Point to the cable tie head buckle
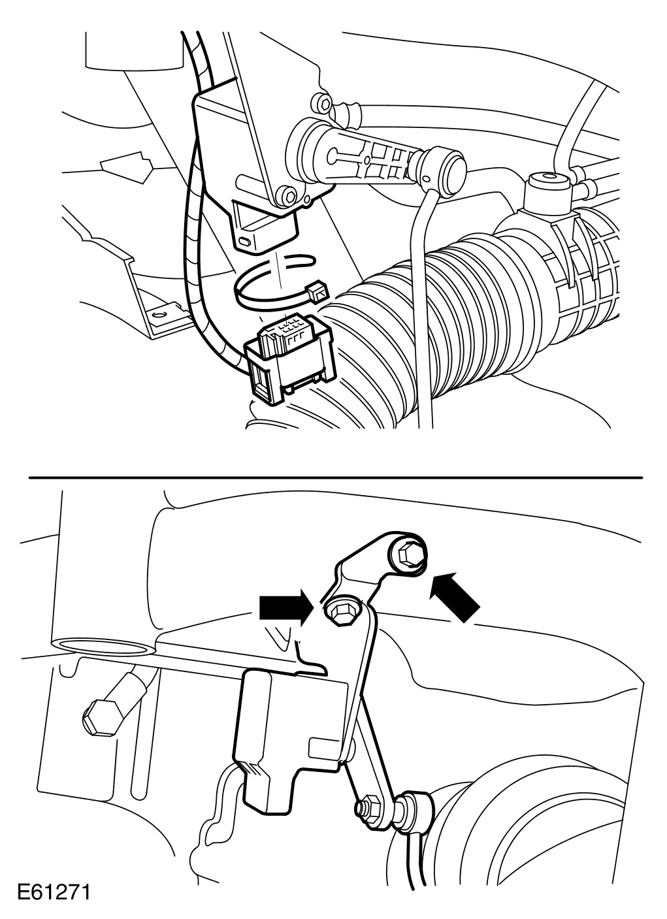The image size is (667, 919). (x=317, y=294)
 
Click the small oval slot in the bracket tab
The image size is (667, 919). (x=245, y=242)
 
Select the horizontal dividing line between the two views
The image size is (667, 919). (x=335, y=477)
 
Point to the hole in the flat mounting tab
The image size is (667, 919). (x=157, y=315)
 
